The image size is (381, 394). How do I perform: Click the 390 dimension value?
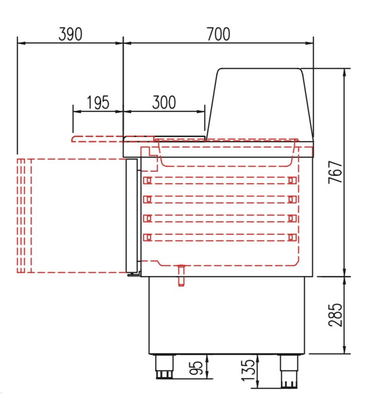tap(70, 34)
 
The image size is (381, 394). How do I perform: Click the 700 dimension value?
tap(219, 34)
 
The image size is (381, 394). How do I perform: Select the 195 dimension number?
tap(98, 102)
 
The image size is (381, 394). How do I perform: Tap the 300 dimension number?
tap(164, 102)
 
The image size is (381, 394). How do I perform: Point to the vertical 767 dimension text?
tap(336, 172)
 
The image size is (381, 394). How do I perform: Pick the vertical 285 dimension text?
tap(336, 315)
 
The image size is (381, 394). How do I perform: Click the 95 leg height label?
tap(196, 368)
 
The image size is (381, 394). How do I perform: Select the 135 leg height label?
tap(248, 370)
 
